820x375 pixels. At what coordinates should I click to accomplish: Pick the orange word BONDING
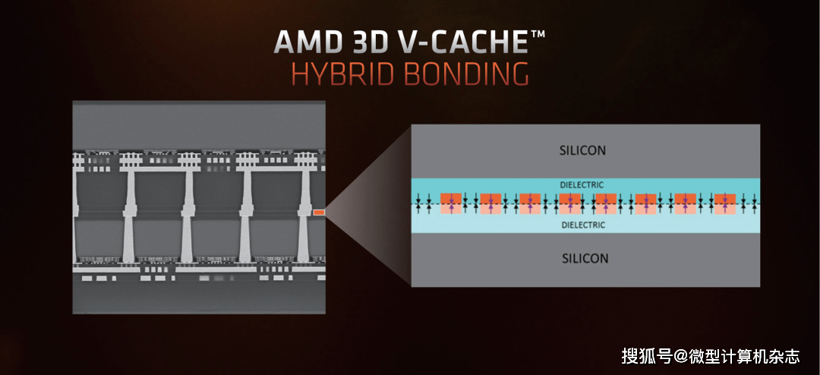[x=465, y=74]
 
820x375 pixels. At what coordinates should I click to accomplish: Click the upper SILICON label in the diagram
[x=583, y=150]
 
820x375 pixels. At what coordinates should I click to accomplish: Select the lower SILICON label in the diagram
[x=585, y=258]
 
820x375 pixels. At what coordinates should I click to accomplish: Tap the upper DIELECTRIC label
[x=583, y=184]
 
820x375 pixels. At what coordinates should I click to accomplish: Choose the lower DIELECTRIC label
[x=583, y=225]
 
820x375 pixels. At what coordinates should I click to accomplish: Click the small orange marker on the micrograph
[x=319, y=213]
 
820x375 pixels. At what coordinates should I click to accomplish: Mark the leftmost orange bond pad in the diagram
[x=451, y=203]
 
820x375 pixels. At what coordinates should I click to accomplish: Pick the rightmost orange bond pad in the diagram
[x=725, y=203]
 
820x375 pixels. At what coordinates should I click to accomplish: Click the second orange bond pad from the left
[x=490, y=203]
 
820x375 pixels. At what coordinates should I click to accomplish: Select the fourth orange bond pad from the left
[x=569, y=203]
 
